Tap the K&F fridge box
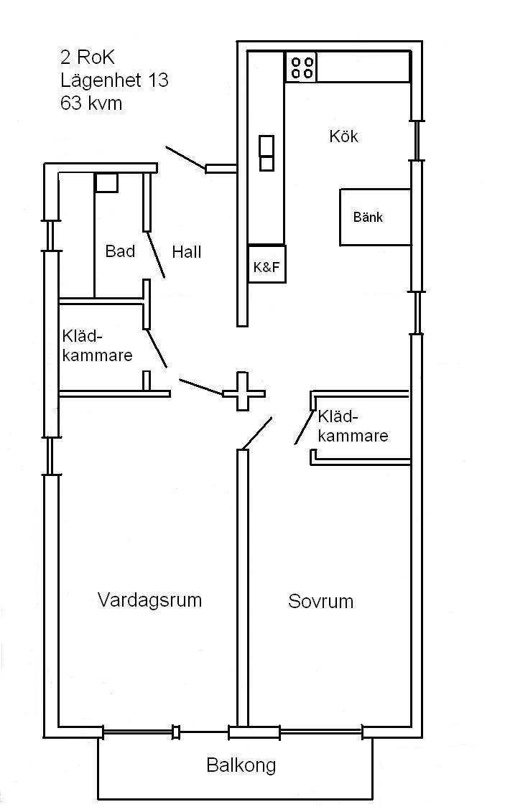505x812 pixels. coord(267,264)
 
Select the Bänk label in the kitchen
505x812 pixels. coord(368,217)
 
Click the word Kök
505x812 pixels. coord(343,136)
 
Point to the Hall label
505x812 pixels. coord(187,252)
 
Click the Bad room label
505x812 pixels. coord(120,251)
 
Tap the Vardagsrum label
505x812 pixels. coord(149,599)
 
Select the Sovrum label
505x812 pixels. coord(320,601)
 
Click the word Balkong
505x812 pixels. coord(241,765)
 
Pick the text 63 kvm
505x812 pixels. coord(91,103)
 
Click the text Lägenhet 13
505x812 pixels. coord(114,80)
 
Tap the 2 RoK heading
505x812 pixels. coord(88,57)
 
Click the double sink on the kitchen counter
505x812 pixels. coord(267,154)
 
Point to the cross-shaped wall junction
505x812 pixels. coord(244,392)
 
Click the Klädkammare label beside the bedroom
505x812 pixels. coord(353,426)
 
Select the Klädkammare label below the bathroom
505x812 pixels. coord(98,345)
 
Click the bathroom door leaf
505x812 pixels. coord(156,255)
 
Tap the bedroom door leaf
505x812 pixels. coord(257,433)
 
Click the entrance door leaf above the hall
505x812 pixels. coord(185,158)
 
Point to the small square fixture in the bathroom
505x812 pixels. coord(107,183)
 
